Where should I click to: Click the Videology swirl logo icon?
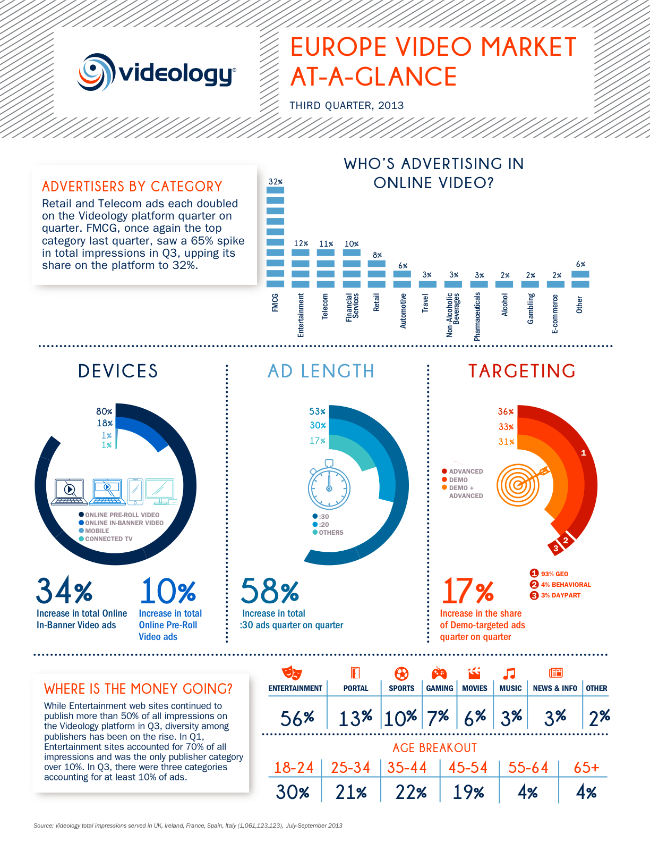click(x=96, y=72)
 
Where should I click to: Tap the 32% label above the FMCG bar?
click(x=275, y=182)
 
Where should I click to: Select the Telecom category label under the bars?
click(x=325, y=306)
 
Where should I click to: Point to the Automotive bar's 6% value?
click(x=403, y=266)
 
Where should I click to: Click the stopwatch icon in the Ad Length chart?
click(x=329, y=485)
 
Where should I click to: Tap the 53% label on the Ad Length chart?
click(x=317, y=411)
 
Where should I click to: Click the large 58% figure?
click(x=270, y=591)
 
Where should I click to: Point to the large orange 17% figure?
click(x=467, y=591)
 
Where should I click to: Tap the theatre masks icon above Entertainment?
click(x=292, y=673)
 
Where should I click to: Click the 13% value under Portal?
click(x=355, y=718)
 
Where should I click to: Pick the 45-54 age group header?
click(x=467, y=768)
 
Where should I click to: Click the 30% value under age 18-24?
click(x=293, y=793)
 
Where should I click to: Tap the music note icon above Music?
click(x=509, y=673)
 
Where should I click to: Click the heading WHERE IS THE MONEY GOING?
click(x=138, y=689)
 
